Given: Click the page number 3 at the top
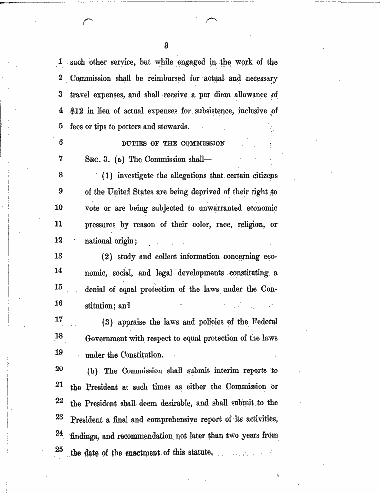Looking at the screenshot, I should pos(167,46).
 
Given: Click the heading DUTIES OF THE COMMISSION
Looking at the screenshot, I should pos(173,143).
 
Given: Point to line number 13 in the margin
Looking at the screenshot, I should pos(58,256).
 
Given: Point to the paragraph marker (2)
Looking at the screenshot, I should pos(108,257).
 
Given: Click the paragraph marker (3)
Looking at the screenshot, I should pos(108,322).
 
